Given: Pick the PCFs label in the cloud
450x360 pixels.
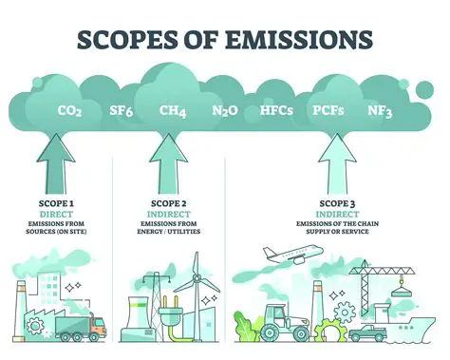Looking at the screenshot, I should [328, 111].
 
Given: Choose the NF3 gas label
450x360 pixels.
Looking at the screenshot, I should [380, 111].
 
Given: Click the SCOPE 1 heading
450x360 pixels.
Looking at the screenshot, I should [63, 201].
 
